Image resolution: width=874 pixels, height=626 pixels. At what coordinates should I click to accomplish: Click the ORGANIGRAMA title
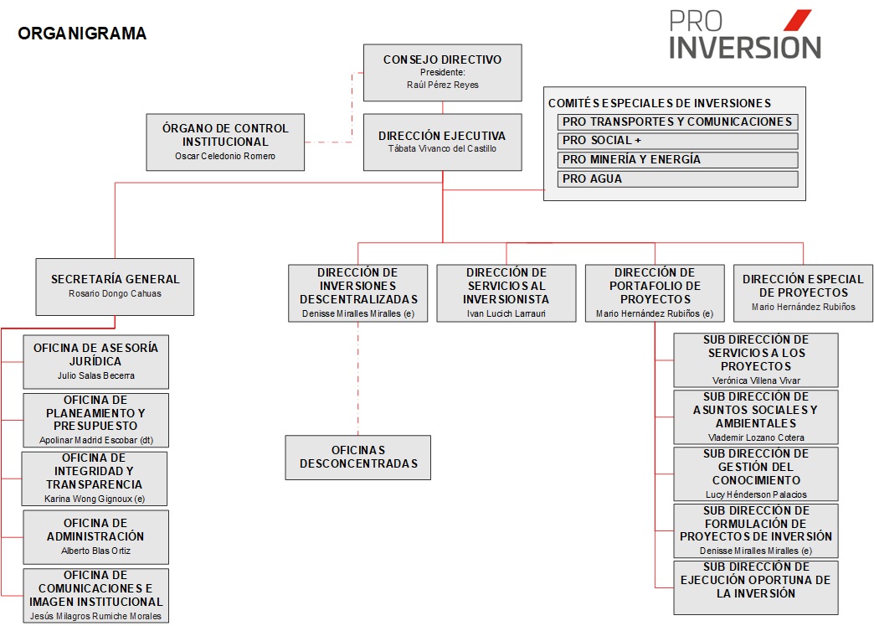(82, 34)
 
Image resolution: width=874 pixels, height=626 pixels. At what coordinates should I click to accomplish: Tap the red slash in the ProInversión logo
(798, 20)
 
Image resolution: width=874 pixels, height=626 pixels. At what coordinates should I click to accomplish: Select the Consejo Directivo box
(443, 73)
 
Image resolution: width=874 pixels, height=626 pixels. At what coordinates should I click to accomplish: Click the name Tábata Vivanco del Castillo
(443, 148)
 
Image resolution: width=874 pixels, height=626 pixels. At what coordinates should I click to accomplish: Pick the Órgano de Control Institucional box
(225, 142)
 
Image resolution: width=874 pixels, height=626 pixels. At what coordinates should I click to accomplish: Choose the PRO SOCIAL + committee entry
(677, 141)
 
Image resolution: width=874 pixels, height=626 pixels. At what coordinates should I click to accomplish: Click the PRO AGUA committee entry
(677, 179)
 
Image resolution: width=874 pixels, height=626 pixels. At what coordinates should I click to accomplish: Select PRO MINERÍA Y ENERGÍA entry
(677, 159)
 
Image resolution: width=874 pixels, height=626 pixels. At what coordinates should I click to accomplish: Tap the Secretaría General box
(115, 287)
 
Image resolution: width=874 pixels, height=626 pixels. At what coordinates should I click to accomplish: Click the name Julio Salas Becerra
(96, 375)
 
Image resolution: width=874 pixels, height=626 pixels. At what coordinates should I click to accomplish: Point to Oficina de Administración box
(96, 537)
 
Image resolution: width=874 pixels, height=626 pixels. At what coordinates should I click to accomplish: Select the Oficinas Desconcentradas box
(357, 458)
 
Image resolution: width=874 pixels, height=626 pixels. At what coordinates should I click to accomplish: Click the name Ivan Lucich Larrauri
(506, 313)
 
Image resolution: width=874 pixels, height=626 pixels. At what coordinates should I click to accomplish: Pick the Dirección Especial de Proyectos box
(803, 293)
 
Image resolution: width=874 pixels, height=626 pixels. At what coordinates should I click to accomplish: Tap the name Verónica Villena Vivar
(756, 380)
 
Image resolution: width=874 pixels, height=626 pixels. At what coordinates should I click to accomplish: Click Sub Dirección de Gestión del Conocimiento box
(756, 473)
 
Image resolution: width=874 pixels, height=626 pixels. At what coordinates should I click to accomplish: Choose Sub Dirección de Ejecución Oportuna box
(756, 587)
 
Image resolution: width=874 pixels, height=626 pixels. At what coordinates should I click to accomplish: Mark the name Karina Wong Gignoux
(88, 499)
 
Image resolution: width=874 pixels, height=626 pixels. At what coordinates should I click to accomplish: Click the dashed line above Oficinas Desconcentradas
(357, 379)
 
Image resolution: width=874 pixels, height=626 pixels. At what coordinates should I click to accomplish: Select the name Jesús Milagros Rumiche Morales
(96, 616)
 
